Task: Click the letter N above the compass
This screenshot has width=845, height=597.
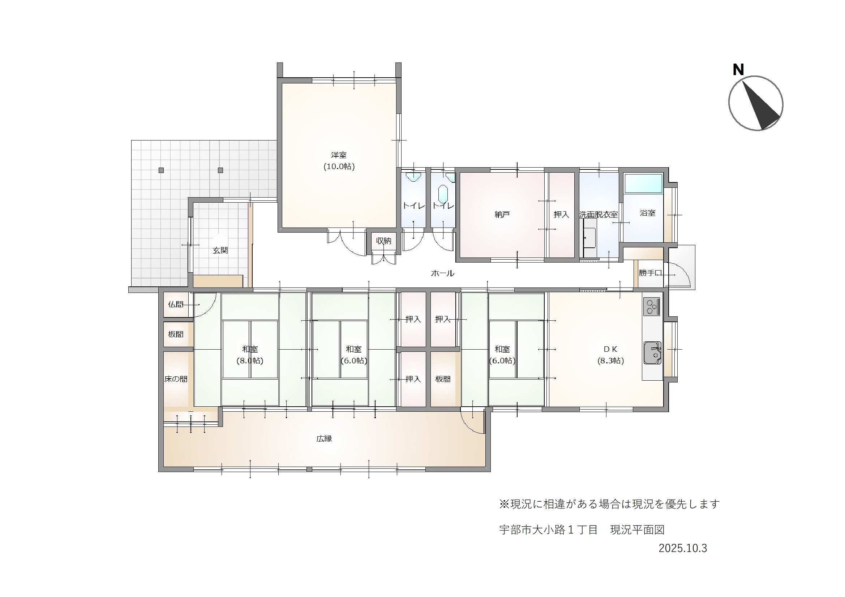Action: tap(738, 69)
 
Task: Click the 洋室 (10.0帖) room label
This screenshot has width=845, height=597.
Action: tap(339, 161)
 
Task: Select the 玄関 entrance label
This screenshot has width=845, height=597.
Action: tap(220, 251)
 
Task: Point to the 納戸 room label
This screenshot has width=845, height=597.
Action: tap(502, 215)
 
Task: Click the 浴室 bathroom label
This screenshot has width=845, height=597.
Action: tap(647, 213)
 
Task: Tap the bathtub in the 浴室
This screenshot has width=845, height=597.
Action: tap(643, 183)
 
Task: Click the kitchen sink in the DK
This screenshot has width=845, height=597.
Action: tap(652, 353)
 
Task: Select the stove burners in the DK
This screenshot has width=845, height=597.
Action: tap(652, 306)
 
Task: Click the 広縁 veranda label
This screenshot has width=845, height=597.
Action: tap(324, 438)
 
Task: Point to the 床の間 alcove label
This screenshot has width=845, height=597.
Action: tap(176, 379)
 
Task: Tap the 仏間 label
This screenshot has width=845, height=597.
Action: tap(176, 304)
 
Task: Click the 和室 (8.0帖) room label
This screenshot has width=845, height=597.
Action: tap(250, 355)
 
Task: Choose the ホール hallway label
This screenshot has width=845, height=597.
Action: tap(442, 273)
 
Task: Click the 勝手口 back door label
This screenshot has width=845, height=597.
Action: tap(650, 273)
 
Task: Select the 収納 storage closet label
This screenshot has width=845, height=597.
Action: tap(383, 241)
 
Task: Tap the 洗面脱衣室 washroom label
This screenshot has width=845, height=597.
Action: tap(599, 215)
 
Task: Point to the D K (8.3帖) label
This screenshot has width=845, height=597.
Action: tap(610, 355)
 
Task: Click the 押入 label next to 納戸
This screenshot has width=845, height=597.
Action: tap(561, 215)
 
